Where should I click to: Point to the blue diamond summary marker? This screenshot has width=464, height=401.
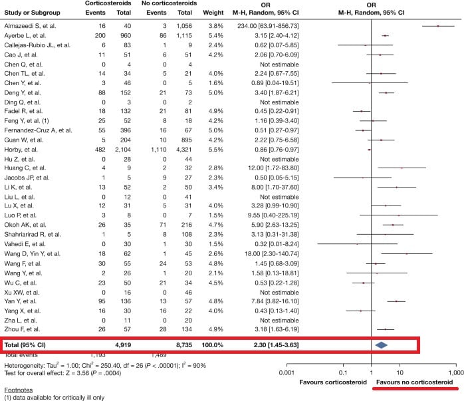coord(382,344)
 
